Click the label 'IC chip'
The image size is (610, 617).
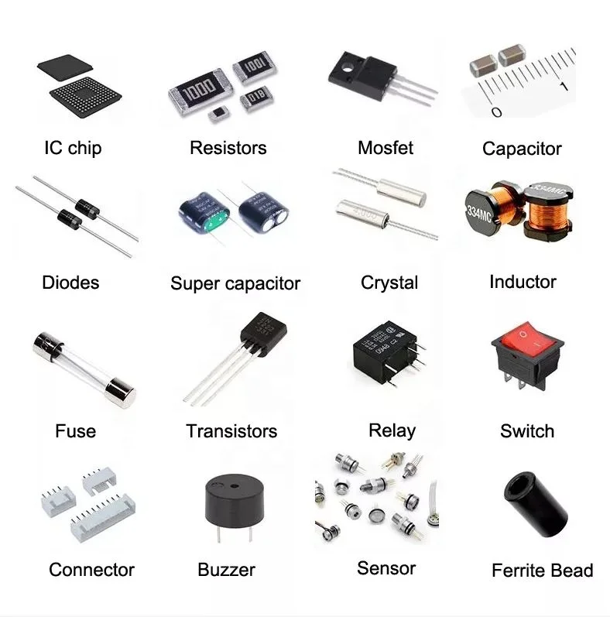73,148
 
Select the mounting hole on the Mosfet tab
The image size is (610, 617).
348,63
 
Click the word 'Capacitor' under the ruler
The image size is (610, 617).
522,149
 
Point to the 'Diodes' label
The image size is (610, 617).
70,283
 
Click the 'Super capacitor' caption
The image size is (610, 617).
235,283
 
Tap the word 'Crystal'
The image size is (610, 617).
389,283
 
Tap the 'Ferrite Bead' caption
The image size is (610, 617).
542,571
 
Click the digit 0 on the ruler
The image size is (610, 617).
496,113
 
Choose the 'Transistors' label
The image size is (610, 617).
231,431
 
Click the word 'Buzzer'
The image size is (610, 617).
226,571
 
